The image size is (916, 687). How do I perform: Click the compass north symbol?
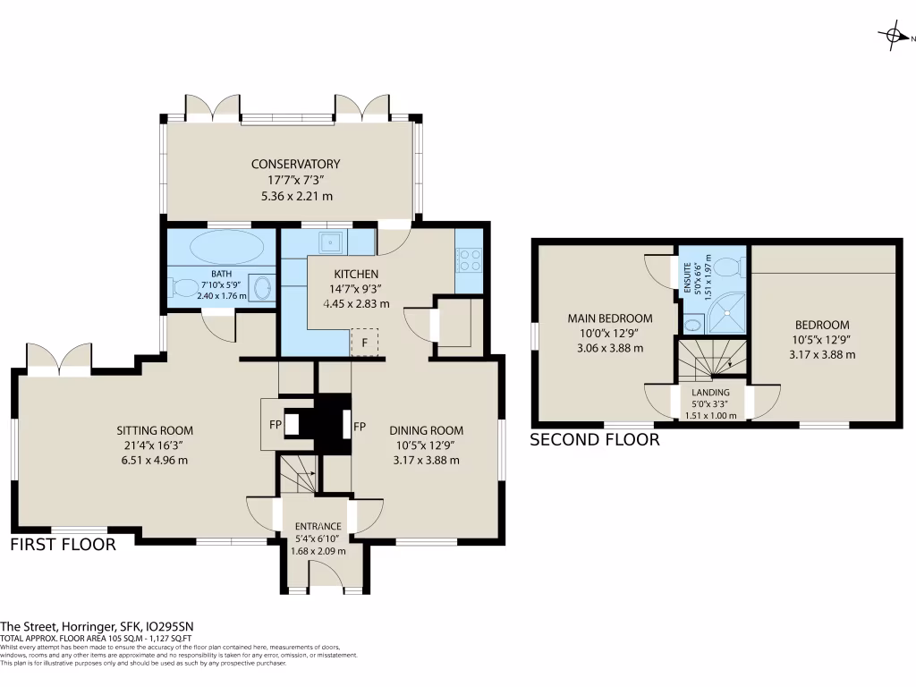(x=894, y=36)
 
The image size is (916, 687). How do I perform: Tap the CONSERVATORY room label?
(x=295, y=164)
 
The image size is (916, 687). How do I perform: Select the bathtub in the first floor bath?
(x=221, y=246)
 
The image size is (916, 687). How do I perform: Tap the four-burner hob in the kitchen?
(x=470, y=259)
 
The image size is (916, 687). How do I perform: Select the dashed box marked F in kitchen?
(x=364, y=343)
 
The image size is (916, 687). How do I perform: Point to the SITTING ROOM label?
(x=161, y=430)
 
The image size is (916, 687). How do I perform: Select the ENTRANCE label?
(x=318, y=525)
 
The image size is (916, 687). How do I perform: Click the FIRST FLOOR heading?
(x=63, y=544)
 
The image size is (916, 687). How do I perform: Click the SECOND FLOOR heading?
(x=595, y=439)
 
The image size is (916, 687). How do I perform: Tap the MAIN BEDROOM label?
(x=610, y=318)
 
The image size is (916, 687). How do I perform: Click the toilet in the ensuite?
(x=729, y=265)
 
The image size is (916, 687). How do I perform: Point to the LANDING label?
(x=711, y=392)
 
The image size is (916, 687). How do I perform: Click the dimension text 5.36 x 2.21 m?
(x=295, y=196)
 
